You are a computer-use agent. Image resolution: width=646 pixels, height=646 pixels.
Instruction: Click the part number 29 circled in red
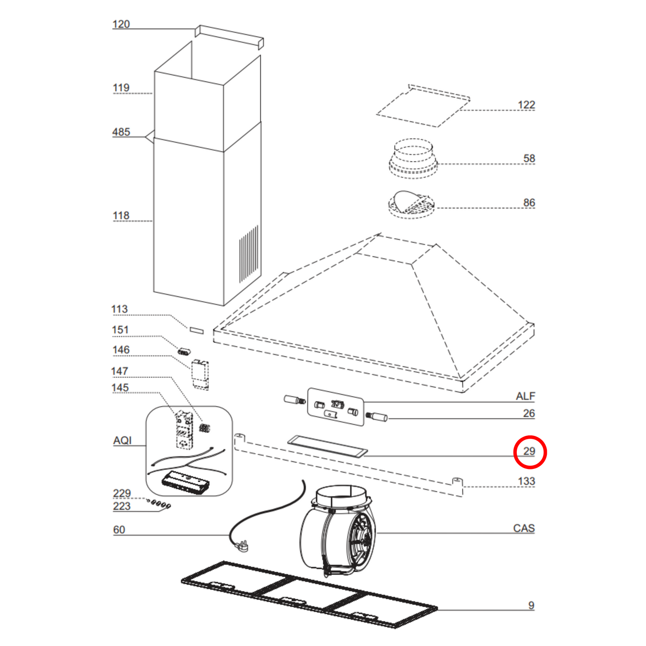(529, 452)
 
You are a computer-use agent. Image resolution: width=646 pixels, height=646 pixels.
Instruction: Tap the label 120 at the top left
(121, 24)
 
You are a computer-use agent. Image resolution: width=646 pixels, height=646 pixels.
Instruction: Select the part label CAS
(524, 528)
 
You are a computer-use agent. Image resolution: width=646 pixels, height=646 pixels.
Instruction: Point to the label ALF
(525, 397)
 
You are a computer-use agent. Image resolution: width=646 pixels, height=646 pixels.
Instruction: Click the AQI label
(122, 441)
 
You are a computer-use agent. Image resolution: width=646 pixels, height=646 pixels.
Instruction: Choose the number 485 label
(121, 132)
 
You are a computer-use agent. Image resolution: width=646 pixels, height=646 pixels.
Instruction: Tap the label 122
(526, 105)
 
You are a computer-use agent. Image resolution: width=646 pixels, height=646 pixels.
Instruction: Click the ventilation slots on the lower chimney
(249, 254)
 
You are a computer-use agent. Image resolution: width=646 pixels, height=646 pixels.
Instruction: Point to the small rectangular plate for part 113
(196, 330)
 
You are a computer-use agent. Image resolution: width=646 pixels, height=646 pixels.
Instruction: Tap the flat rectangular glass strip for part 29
(327, 447)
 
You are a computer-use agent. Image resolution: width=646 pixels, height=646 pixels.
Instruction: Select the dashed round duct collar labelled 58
(413, 159)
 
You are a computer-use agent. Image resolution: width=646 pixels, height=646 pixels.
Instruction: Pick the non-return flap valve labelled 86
(411, 204)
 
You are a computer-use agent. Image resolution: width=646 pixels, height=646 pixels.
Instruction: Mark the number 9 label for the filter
(531, 605)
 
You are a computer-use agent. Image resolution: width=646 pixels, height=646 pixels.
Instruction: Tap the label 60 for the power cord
(119, 530)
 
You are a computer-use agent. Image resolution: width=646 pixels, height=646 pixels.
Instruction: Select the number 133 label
(526, 481)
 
